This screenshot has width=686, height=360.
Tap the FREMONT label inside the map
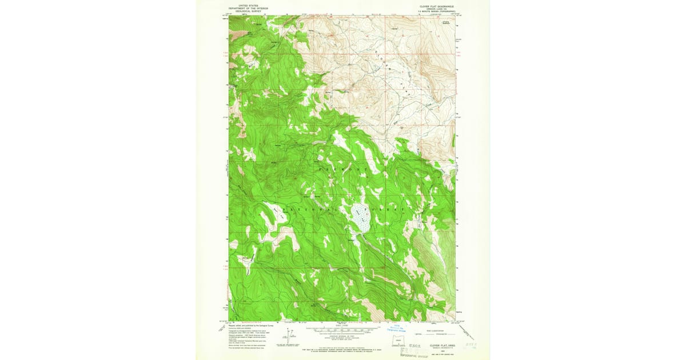342,170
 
